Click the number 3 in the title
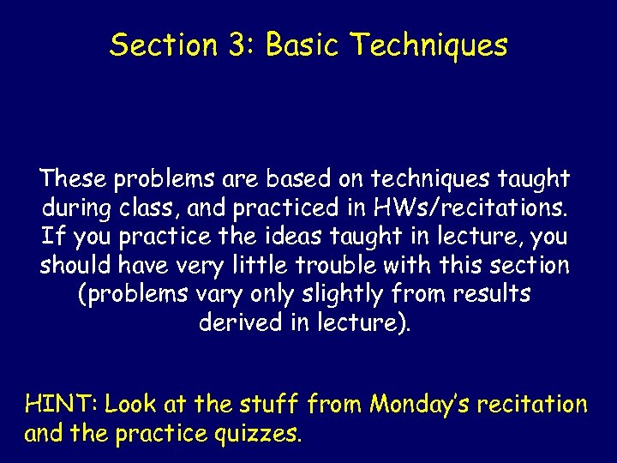pyautogui.click(x=237, y=45)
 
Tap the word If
pyautogui.click(x=50, y=236)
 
